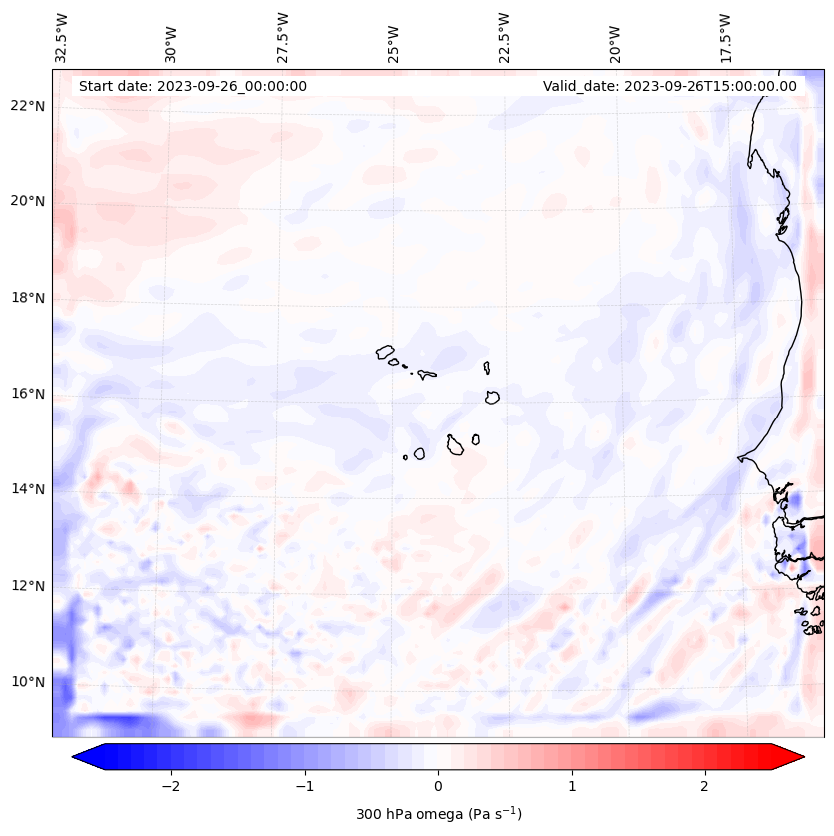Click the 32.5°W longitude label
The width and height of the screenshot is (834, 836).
(x=62, y=38)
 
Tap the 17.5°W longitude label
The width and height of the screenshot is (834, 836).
(x=725, y=38)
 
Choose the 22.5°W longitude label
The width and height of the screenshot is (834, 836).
(x=504, y=38)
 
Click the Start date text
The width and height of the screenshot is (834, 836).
(x=192, y=86)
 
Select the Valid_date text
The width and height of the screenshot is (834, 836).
(x=670, y=86)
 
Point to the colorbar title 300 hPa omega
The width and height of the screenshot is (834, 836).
(x=438, y=814)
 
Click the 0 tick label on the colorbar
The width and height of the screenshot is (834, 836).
(x=438, y=785)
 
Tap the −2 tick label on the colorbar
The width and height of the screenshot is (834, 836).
(x=170, y=785)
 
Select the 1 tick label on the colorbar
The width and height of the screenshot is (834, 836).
(x=572, y=785)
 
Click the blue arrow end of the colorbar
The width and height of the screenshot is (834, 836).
(x=86, y=758)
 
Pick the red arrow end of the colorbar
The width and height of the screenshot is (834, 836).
(x=791, y=758)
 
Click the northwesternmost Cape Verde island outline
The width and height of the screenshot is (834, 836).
(x=386, y=351)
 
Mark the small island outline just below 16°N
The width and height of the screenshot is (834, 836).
(x=492, y=397)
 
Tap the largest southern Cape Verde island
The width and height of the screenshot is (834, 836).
(x=455, y=444)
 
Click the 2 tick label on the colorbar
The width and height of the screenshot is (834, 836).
(x=705, y=785)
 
